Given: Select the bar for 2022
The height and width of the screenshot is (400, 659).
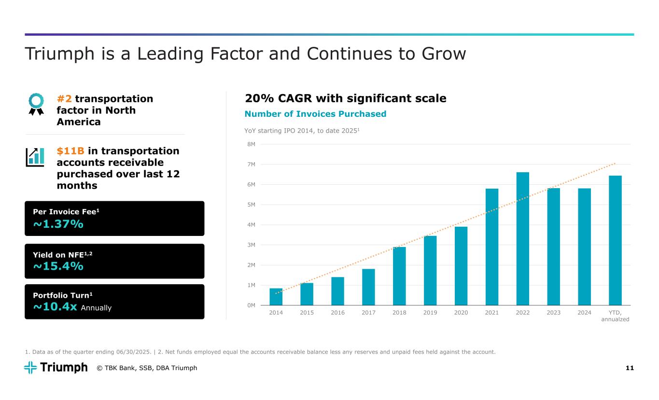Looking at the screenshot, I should click(522, 238).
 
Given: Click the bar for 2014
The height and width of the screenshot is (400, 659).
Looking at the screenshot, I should click(276, 297).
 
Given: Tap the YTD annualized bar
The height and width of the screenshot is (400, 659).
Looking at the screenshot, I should click(615, 240).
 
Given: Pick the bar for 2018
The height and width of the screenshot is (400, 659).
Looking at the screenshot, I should click(399, 276).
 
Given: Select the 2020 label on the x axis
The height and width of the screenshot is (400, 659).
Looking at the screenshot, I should click(461, 312).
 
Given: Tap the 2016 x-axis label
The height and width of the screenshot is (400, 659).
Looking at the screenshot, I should click(337, 312).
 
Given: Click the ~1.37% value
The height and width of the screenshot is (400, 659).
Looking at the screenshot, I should click(58, 224).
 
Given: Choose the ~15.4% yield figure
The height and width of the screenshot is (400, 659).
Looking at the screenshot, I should click(58, 266).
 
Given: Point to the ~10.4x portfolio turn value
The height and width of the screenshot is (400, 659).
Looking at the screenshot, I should click(55, 307).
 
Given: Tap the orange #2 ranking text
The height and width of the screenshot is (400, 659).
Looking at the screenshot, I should click(64, 99).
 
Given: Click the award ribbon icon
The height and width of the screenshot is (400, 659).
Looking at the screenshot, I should click(36, 103).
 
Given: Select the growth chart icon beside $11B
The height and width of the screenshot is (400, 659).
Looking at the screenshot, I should click(34, 157).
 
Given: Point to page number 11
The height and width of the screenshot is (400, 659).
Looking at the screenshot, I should click(630, 368).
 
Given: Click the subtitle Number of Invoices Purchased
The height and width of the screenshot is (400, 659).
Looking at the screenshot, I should click(315, 114).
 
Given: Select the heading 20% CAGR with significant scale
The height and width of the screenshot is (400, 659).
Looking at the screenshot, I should click(346, 98).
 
